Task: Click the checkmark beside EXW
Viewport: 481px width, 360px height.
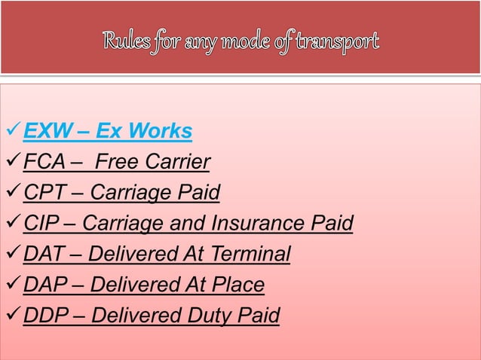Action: point(13,132)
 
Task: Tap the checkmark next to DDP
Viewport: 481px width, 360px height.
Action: point(13,316)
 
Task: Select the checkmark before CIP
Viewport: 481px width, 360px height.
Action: point(13,224)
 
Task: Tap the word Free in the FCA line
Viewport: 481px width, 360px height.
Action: point(120,163)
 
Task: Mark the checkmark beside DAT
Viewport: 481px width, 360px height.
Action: point(13,255)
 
